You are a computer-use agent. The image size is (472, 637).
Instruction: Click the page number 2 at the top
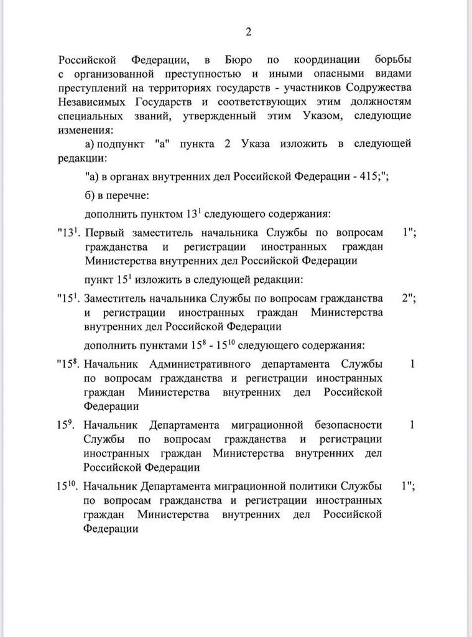click(x=248, y=32)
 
